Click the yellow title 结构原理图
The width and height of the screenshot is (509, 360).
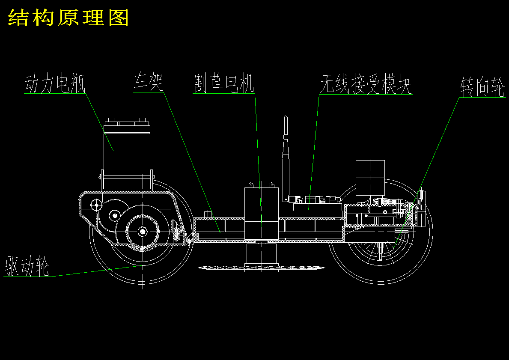(x=68, y=18)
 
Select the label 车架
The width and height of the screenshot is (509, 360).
(x=148, y=83)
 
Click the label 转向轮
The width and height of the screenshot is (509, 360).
(x=482, y=88)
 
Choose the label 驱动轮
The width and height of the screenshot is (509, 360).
(x=27, y=266)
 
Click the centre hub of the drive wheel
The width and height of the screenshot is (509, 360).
(x=142, y=232)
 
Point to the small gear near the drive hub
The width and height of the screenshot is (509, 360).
(x=114, y=215)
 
